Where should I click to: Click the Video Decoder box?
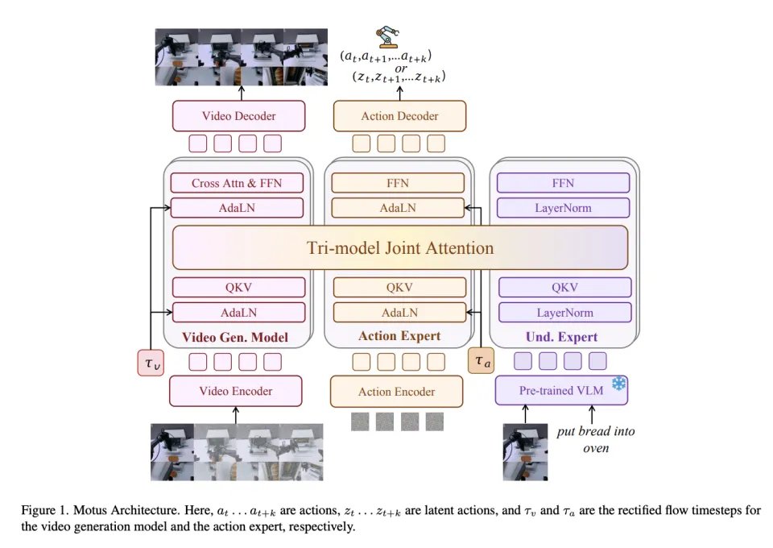click(x=238, y=116)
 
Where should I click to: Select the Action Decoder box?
click(x=399, y=116)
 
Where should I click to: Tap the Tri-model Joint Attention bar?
click(x=399, y=247)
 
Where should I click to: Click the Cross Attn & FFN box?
click(x=238, y=183)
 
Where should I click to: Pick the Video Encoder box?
click(x=236, y=391)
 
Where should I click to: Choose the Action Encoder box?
click(x=396, y=392)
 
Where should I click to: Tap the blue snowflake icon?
click(x=618, y=383)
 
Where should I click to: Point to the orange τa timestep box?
click(x=481, y=363)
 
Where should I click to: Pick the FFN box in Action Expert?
click(x=399, y=183)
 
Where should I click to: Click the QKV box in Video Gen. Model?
click(x=238, y=288)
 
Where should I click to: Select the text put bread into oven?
click(x=597, y=439)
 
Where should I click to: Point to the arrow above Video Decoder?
click(x=238, y=90)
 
